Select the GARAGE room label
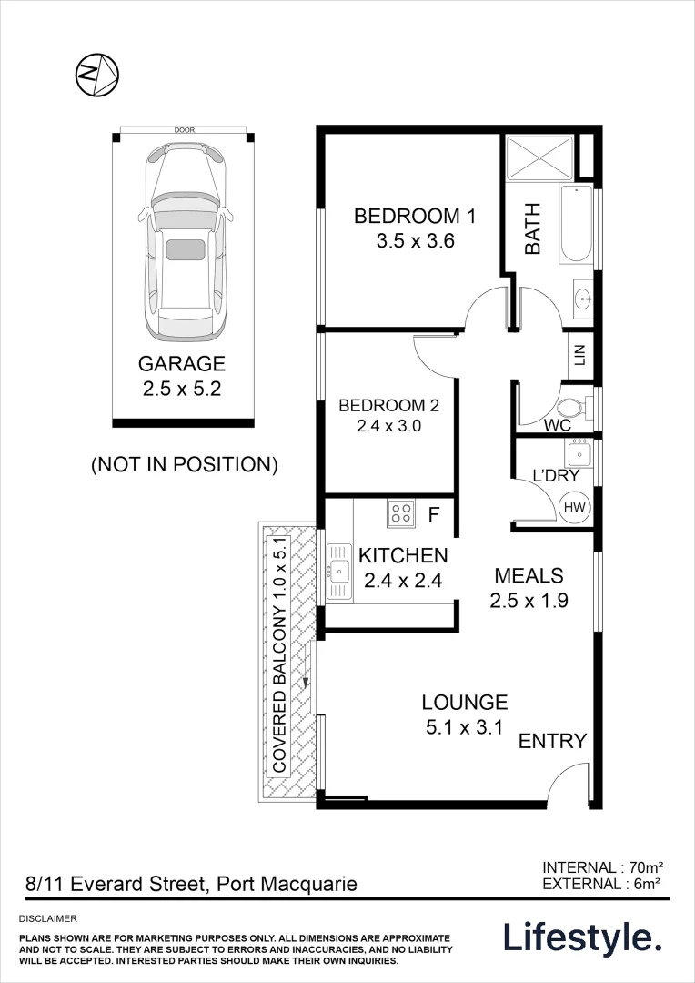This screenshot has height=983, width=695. tap(181, 364)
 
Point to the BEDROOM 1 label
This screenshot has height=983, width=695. tap(415, 217)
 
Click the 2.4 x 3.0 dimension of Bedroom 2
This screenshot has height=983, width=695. tap(381, 425)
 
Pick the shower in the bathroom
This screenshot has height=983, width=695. tap(539, 158)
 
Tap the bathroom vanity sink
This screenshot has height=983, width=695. tap(582, 297)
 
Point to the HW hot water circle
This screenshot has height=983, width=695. tap(575, 507)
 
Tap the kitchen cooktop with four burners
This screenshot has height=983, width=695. tap(400, 514)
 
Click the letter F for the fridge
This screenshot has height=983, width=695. tap(434, 516)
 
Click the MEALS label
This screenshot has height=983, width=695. tap(529, 576)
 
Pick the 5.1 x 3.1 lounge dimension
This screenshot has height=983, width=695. tap(464, 726)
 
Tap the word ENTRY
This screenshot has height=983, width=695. tap(552, 741)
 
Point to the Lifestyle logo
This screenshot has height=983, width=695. tap(583, 937)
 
